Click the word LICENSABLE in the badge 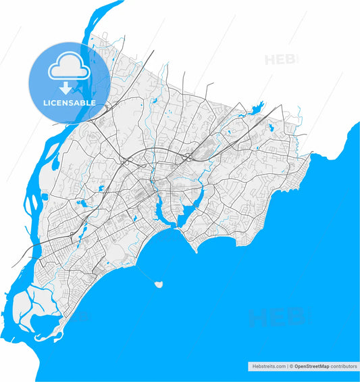(x=69, y=103)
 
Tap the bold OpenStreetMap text (x=311, y=366)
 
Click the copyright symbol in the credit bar (x=291, y=366)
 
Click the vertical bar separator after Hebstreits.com (x=287, y=366)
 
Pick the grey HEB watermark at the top (x=282, y=59)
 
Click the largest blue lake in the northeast (x=257, y=106)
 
